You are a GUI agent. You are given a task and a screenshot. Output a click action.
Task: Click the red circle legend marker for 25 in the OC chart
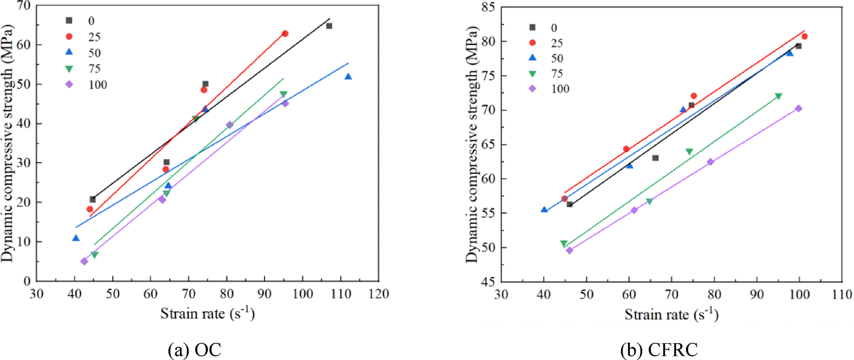[x=69, y=36]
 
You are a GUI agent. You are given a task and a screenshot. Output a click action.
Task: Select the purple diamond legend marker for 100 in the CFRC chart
[x=532, y=89]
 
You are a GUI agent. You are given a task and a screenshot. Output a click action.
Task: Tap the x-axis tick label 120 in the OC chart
[x=378, y=294]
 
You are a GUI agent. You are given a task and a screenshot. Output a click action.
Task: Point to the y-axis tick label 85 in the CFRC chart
[x=489, y=7]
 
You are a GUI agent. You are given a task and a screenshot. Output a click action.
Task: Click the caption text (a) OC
[x=194, y=350]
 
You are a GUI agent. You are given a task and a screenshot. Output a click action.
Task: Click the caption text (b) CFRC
[x=659, y=350]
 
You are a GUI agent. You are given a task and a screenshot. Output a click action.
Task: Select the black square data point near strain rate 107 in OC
[x=329, y=26]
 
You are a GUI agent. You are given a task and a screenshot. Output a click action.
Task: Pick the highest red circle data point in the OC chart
[x=285, y=34]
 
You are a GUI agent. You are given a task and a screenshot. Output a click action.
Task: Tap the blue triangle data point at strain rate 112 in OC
[x=348, y=77]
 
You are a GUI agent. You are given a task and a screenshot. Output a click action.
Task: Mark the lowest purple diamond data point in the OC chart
[x=84, y=261]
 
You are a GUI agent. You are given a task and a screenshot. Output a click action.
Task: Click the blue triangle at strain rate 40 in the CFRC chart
[x=544, y=209]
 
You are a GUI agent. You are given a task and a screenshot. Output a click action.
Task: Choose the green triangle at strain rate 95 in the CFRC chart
[x=778, y=97]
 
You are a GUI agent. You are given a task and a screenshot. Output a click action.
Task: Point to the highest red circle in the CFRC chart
[x=804, y=36]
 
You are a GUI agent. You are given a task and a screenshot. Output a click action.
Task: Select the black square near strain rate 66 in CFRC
[x=655, y=158]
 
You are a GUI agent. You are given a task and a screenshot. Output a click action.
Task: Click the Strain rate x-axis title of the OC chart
[x=207, y=314]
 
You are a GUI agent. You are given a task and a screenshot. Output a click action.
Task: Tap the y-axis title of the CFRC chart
[x=472, y=144]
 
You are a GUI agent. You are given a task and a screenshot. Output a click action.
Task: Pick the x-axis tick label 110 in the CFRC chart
[x=842, y=294]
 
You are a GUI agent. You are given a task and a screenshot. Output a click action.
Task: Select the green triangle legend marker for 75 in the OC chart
[x=69, y=69]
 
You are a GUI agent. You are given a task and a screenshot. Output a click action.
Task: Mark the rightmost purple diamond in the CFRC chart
[x=798, y=109]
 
